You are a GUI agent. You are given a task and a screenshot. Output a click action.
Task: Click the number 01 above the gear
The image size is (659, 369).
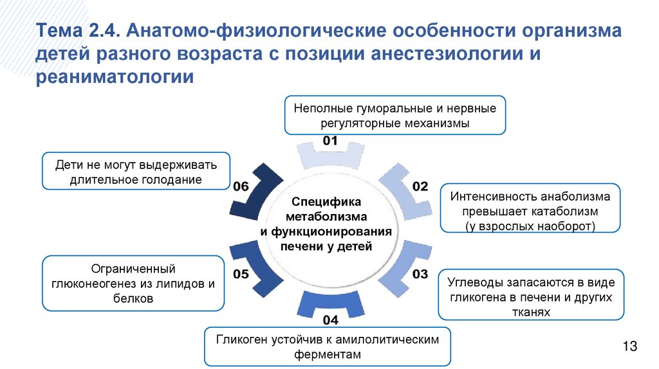pos(330,141)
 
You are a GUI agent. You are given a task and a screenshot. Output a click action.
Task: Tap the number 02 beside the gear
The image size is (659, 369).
pos(420,186)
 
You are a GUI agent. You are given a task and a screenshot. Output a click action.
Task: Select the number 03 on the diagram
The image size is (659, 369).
pos(420,274)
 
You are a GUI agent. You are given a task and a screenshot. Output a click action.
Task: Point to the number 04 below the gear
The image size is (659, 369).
pos(330,319)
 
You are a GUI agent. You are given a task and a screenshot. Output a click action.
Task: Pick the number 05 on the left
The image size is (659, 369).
pos(241,274)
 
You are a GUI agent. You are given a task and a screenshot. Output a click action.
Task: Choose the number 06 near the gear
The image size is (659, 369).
pos(241,186)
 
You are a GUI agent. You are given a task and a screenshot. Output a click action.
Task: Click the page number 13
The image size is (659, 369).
pos(629,347)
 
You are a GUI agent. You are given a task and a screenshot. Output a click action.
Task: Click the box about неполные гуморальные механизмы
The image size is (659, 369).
pos(395,115)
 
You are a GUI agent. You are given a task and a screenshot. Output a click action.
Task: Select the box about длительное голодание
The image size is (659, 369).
pos(136,171)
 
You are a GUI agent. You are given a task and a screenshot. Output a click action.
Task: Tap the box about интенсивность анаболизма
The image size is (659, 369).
pos(530,208)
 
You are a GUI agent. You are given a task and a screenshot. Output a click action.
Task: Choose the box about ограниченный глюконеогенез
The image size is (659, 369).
pos(133,283)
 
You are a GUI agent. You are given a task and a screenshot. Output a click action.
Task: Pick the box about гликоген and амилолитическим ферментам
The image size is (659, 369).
pos(328,346)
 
